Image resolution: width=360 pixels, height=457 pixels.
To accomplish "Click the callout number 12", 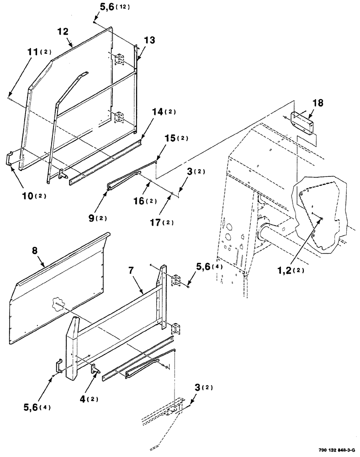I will click(x=63, y=32).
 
